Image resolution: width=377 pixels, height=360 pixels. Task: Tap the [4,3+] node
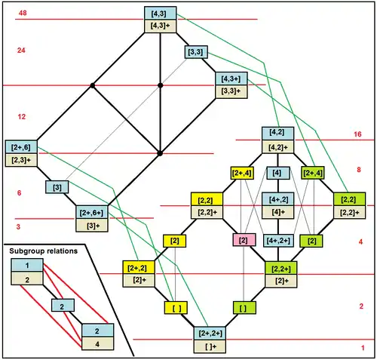(231, 78)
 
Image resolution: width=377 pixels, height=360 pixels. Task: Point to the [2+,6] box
(21, 147)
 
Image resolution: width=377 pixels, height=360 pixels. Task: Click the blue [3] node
(57, 187)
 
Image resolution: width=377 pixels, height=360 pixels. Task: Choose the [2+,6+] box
(92, 213)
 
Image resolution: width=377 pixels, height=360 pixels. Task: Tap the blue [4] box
(277, 173)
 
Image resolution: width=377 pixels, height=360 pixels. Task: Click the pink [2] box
(244, 240)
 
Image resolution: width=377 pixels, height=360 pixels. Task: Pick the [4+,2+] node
(278, 241)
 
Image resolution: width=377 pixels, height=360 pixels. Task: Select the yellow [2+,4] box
(241, 173)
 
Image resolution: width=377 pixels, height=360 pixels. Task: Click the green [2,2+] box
(281, 268)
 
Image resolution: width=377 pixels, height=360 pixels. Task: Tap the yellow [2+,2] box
(139, 267)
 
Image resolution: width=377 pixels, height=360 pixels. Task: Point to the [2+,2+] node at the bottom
(210, 333)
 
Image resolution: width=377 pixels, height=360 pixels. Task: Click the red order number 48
(23, 13)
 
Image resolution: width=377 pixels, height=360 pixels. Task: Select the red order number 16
(357, 134)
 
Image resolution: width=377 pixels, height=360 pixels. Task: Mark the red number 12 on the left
(22, 117)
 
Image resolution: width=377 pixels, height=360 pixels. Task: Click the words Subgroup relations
(44, 251)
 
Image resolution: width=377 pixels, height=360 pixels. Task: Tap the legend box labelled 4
(97, 344)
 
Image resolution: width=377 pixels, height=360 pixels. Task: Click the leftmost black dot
(93, 86)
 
